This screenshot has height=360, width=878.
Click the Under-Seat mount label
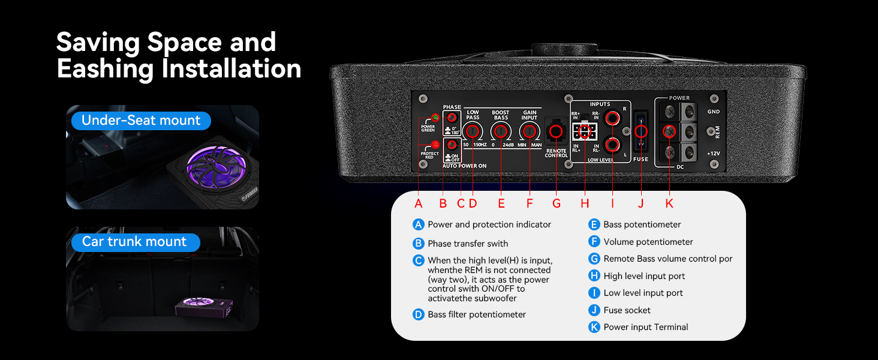(141, 121)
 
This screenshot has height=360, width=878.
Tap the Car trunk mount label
(134, 242)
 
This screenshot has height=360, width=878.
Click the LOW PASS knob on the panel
(473, 132)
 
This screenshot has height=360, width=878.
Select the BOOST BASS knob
(501, 132)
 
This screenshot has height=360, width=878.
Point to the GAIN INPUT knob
(529, 132)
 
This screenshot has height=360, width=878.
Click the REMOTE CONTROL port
(556, 132)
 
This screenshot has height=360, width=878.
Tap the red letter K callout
(669, 203)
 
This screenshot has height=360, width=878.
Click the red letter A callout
(419, 203)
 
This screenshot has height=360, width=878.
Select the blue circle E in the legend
(594, 224)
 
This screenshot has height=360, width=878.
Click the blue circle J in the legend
(594, 310)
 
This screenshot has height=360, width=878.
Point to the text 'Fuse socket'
(627, 310)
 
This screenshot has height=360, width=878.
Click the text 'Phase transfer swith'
(468, 244)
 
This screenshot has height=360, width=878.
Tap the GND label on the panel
(713, 112)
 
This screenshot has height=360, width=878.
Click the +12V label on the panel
(713, 154)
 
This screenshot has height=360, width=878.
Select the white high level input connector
(584, 131)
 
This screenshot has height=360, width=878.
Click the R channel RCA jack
(613, 118)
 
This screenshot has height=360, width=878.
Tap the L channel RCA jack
(613, 144)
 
